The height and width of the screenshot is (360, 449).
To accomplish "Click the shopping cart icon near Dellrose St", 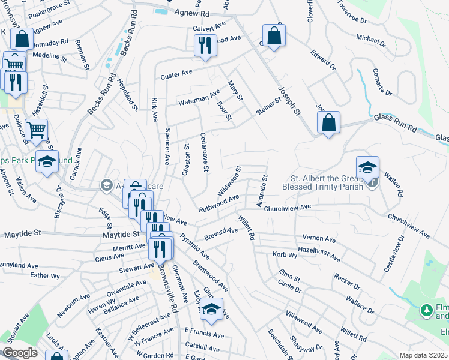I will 36,130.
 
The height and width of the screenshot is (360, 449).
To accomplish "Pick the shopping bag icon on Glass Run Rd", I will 328,124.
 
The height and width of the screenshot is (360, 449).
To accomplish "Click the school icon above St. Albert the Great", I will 368,167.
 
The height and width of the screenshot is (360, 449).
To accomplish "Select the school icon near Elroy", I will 211,309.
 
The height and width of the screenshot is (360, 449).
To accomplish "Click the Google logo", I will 20,353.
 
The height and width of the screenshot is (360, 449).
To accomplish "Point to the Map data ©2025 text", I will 423,355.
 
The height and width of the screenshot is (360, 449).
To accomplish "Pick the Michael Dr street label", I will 371,40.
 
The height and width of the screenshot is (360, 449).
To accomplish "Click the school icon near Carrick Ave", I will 47,162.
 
